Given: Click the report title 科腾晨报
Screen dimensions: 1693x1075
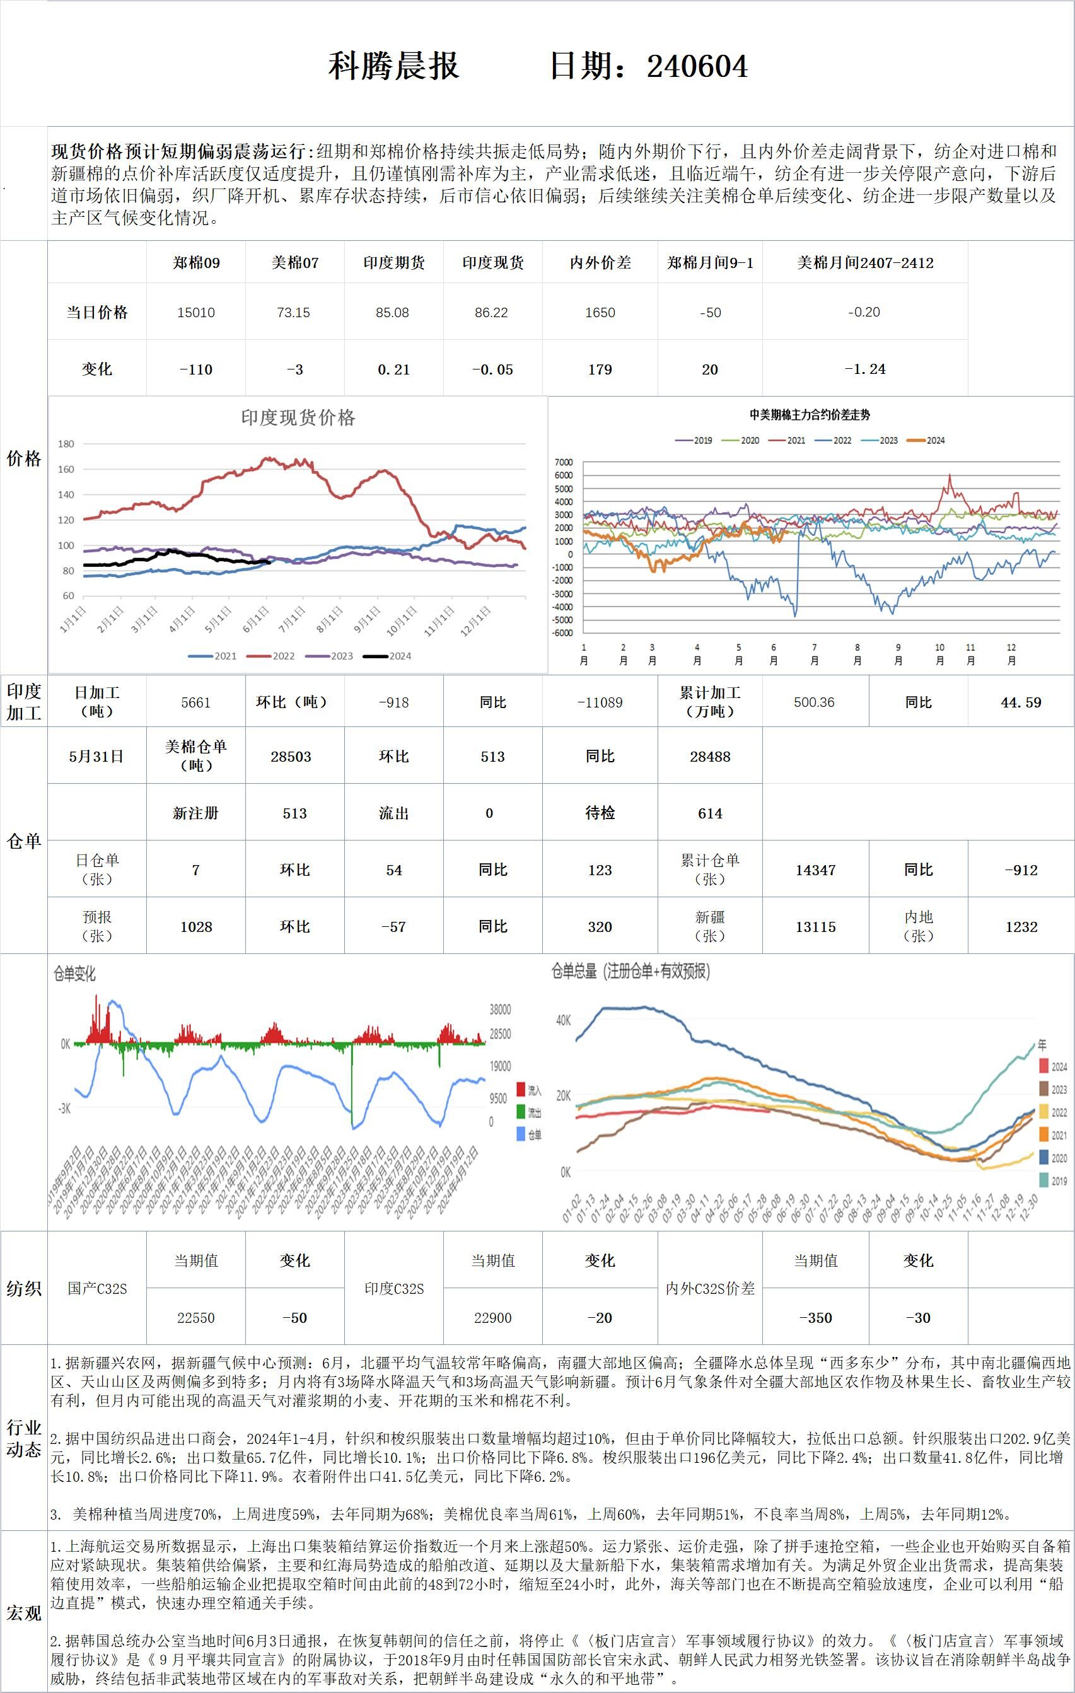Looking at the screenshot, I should click(x=393, y=66).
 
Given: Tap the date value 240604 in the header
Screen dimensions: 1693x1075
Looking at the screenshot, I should click(x=697, y=66).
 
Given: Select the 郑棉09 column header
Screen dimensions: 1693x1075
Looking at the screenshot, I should click(x=196, y=263).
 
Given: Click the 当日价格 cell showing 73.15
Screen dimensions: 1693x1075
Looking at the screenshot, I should click(x=294, y=312).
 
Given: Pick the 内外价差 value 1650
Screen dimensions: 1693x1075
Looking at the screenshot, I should click(x=600, y=312).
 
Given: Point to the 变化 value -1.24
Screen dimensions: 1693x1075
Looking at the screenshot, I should click(x=865, y=369).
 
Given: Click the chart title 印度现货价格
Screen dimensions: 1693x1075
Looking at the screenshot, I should click(x=298, y=417).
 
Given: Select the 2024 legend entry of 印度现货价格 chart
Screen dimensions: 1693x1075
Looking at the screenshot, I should click(x=387, y=656).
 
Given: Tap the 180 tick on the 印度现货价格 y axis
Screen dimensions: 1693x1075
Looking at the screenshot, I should click(x=66, y=444).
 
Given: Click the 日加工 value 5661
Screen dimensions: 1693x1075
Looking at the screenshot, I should click(x=196, y=702).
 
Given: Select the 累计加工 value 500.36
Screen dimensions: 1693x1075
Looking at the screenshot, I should click(x=814, y=702).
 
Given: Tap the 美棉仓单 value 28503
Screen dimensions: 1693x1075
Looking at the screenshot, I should click(x=291, y=757).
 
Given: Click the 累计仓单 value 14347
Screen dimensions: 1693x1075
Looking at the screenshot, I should click(x=816, y=870).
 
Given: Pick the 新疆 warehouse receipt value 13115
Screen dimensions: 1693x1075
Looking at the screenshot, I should click(x=816, y=927).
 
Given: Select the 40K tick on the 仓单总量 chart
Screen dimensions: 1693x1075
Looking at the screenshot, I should click(x=563, y=1020).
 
